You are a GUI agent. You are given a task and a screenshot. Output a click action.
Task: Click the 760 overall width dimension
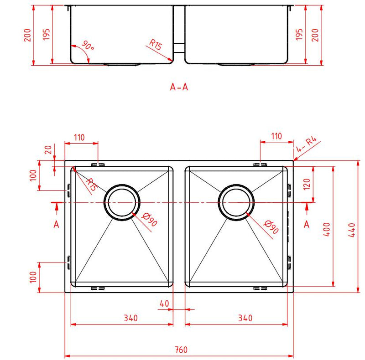tap(181, 350)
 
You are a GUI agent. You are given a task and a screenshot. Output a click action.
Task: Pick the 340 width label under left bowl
tap(130, 318)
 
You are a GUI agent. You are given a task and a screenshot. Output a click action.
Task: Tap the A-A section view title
tap(179, 87)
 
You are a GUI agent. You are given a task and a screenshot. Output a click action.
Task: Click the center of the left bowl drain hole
tap(123, 202)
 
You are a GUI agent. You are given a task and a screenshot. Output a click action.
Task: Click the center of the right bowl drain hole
tap(236, 202)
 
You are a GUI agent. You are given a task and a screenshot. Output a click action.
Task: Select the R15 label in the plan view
tap(91, 184)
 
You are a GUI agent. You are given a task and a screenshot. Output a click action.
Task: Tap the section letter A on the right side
tap(307, 223)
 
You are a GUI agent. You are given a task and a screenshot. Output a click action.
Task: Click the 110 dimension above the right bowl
tap(276, 136)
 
